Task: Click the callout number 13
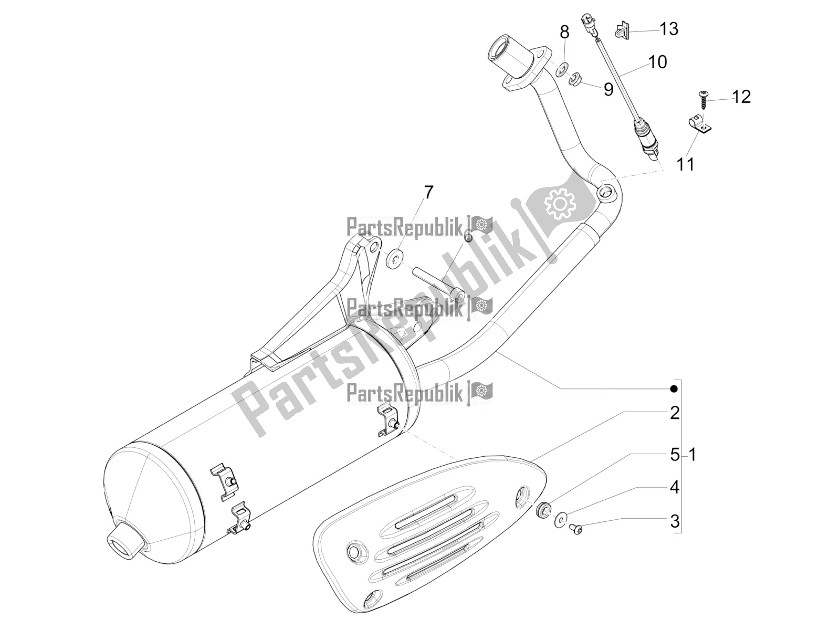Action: coord(668,29)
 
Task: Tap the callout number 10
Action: coord(657,62)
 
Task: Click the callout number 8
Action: coord(564,33)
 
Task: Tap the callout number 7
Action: coord(428,193)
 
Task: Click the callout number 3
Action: coord(675,521)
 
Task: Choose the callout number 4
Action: coord(675,488)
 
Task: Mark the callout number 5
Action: coord(675,455)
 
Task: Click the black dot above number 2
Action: coord(674,388)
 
